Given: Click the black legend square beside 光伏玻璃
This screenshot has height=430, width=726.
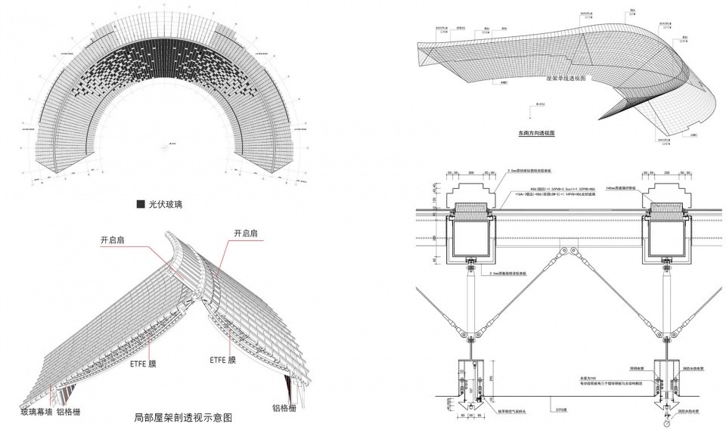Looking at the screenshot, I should point(140,204).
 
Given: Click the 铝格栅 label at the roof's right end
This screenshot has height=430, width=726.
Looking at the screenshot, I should point(284,408).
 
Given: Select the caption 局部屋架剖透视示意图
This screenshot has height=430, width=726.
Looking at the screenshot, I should point(182,417).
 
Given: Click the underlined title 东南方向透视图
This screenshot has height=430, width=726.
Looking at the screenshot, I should point(537,132).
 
